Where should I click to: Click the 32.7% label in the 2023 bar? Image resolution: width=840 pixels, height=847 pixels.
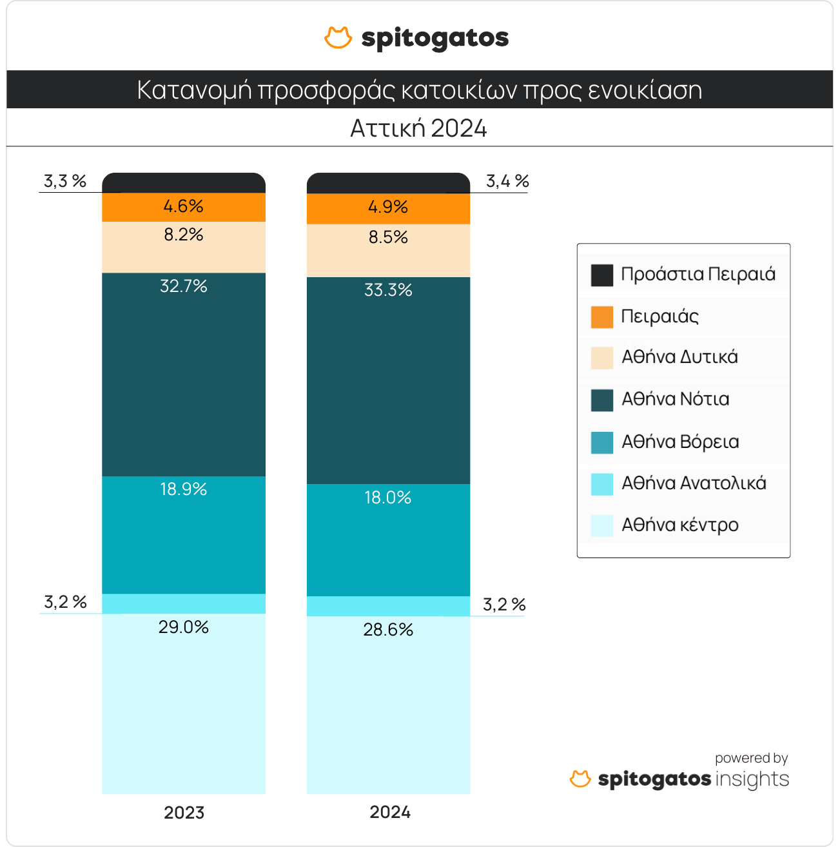pos(184,286)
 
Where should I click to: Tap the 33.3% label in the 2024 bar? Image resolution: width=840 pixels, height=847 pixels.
pos(388,290)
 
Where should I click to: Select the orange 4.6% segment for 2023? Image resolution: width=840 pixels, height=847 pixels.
pos(184,207)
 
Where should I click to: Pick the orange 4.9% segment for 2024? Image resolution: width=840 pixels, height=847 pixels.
pos(388,208)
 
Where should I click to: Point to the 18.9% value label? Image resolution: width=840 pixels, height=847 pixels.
pos(184,490)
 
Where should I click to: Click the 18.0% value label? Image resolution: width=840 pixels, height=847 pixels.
pos(388,498)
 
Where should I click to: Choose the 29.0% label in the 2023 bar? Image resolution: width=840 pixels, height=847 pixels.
pos(184,627)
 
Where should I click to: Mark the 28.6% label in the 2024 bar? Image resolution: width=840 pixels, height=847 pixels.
pos(388,630)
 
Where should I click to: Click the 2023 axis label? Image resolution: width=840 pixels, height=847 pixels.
pos(184,813)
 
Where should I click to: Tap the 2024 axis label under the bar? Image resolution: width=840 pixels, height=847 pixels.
pos(390,812)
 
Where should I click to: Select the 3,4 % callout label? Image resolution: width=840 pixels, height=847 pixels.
pos(507,182)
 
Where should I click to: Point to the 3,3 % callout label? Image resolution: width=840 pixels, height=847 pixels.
pos(65,181)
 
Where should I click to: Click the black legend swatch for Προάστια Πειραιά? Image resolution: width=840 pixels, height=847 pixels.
pos(602,275)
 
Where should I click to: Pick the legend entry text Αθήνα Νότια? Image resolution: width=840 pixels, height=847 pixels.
pos(675,400)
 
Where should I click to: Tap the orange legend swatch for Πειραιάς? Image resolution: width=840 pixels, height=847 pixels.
pos(602,317)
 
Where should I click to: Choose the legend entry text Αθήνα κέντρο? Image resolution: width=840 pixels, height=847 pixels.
pos(679,525)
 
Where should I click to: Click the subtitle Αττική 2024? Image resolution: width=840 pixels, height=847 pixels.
pos(419,129)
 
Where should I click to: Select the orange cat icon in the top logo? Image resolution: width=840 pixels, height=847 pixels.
pos(338,38)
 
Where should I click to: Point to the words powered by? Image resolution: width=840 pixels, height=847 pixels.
pos(751,758)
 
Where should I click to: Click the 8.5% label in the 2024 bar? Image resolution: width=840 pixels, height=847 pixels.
pos(388,238)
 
